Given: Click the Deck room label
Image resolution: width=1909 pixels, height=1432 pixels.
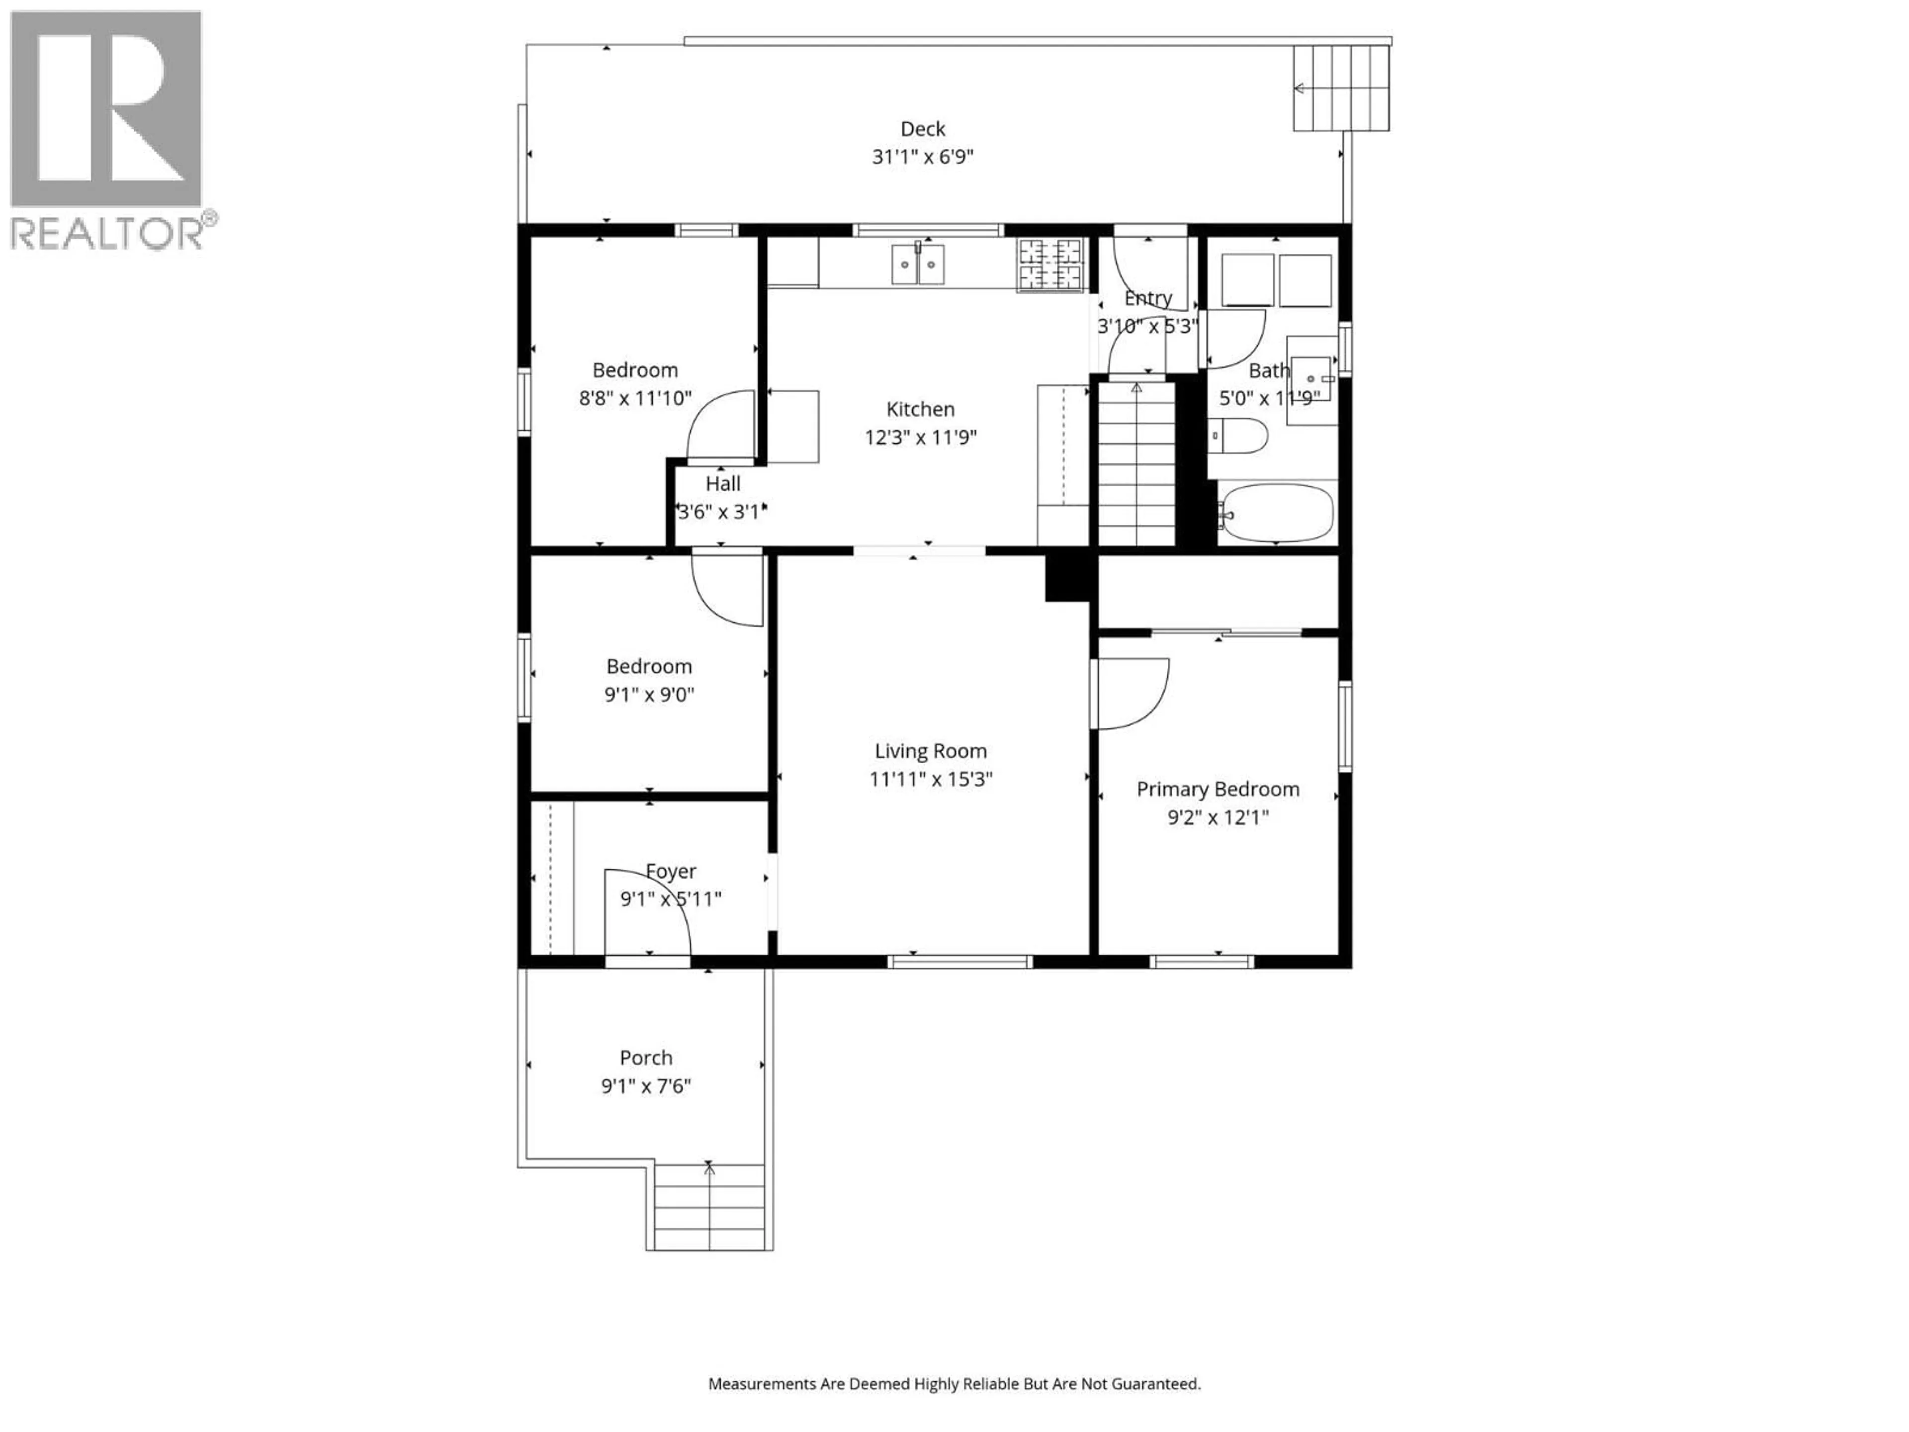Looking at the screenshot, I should pyautogui.click(x=923, y=129).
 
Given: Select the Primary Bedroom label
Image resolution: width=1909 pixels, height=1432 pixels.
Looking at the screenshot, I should pyautogui.click(x=1217, y=789).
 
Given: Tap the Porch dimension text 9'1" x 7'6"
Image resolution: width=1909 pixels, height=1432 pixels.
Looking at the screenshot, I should pyautogui.click(x=646, y=1086).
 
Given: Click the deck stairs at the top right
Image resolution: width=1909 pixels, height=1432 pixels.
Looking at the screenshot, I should pyautogui.click(x=1340, y=88).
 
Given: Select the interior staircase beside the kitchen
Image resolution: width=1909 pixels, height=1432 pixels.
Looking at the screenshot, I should pyautogui.click(x=1136, y=464).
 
